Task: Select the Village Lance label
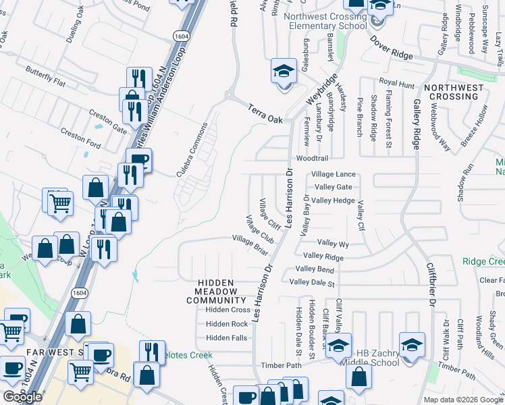334,174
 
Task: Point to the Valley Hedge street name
333,200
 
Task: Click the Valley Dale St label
312,283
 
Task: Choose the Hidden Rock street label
227,324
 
